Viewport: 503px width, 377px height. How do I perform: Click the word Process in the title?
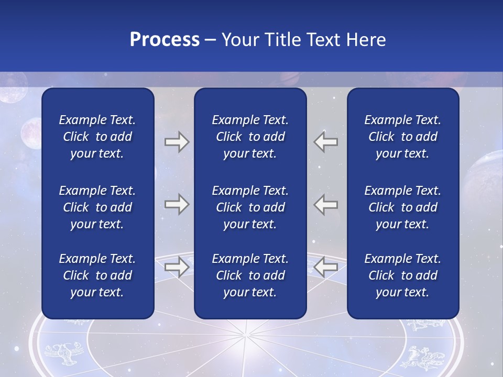(165, 40)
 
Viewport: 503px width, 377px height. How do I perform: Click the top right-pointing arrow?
(177, 142)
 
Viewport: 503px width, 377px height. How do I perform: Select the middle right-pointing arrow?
(177, 204)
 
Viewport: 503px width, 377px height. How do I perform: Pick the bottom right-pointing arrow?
(177, 267)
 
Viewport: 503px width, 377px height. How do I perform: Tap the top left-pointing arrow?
(326, 142)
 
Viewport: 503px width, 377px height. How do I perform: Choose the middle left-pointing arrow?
(326, 204)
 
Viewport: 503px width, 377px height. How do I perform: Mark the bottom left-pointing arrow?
(326, 267)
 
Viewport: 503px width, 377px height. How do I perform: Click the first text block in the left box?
(97, 137)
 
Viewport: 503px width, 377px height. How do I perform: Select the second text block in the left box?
(97, 207)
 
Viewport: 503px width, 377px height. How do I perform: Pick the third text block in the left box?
(97, 275)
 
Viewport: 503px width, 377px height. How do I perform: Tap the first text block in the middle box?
(250, 137)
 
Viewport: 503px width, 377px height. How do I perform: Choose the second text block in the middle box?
(250, 207)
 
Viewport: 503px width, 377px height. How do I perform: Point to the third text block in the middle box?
(250, 275)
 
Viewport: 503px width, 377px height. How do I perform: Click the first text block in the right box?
(402, 137)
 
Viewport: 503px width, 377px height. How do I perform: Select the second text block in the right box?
(402, 207)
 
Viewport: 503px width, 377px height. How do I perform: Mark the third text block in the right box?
(402, 275)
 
